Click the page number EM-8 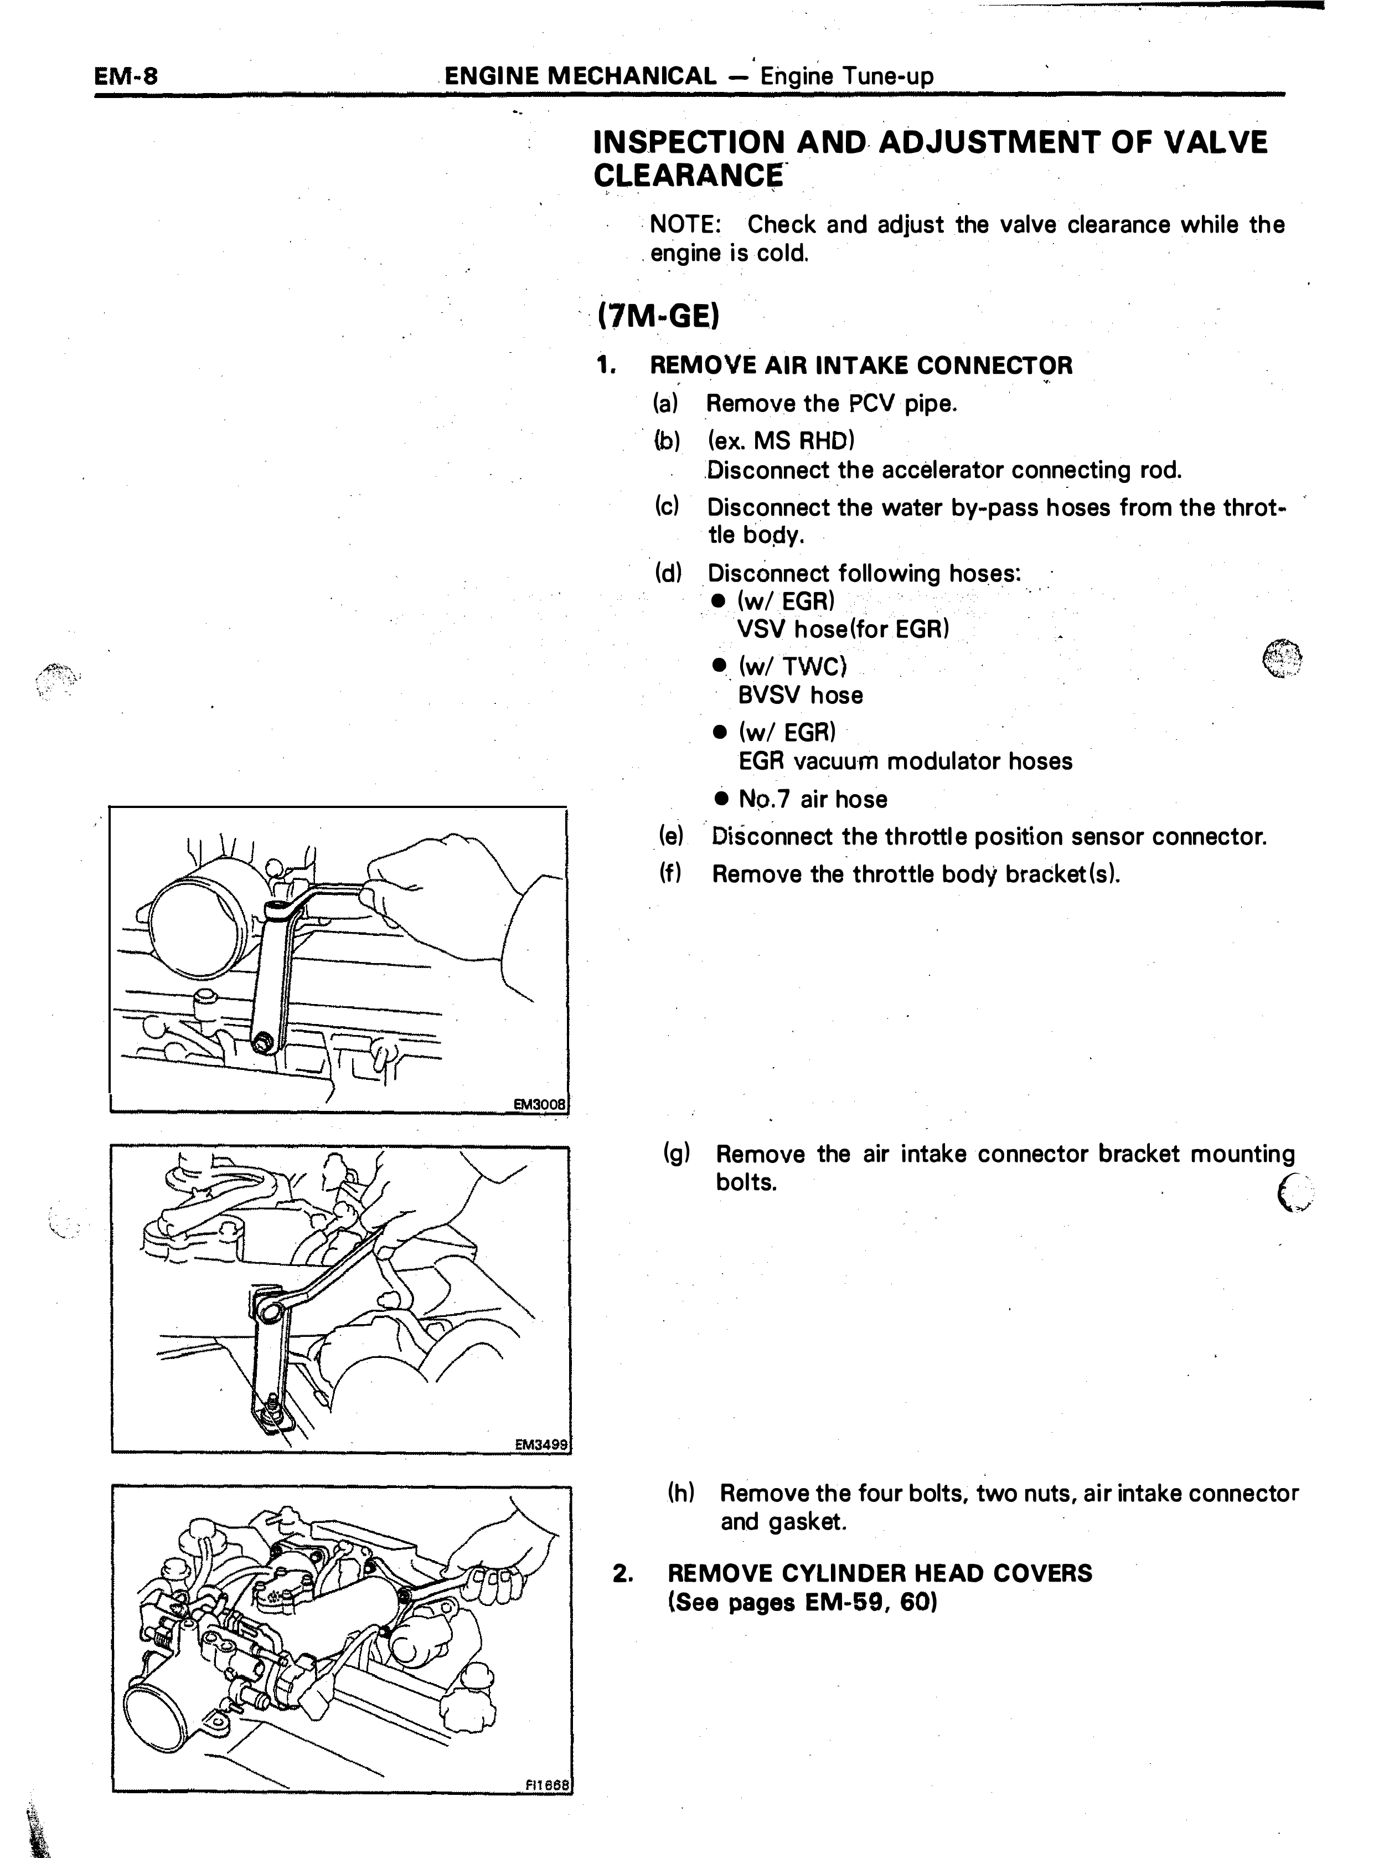click(126, 76)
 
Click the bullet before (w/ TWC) click(719, 665)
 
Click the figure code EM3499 click(541, 1444)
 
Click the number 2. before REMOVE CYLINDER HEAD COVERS click(622, 1573)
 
